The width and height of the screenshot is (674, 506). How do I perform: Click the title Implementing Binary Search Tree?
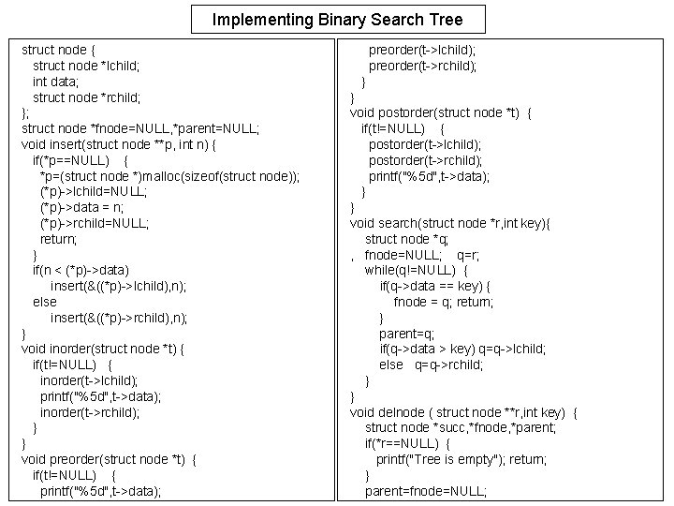[336, 19]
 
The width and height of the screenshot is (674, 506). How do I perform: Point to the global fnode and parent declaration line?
[140, 128]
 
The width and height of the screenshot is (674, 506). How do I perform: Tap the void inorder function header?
[103, 349]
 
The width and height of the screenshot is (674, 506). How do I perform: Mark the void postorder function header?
[441, 112]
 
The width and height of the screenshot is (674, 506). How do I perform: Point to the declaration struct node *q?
[407, 239]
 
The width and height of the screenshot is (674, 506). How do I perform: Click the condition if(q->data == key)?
[435, 286]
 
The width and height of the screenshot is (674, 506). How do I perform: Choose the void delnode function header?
[463, 411]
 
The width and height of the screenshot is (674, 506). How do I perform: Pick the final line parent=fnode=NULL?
[426, 490]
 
